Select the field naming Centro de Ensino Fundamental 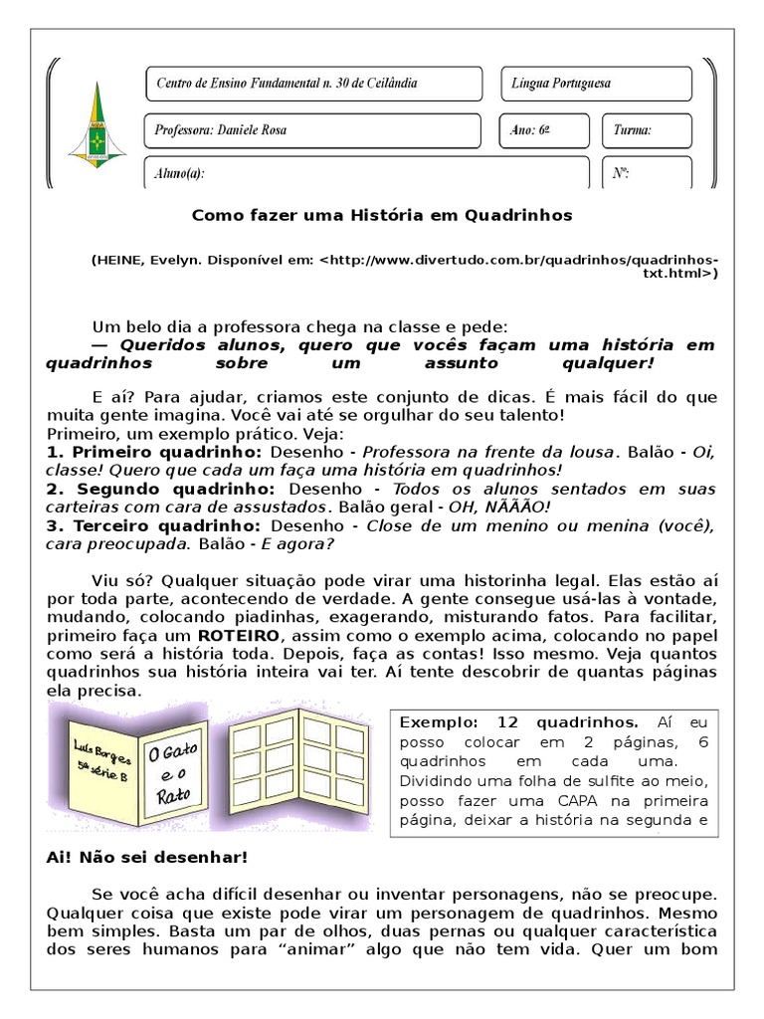tap(313, 84)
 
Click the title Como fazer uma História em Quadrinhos tap(381, 214)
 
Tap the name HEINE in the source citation tap(119, 260)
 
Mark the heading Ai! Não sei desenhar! tap(146, 855)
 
